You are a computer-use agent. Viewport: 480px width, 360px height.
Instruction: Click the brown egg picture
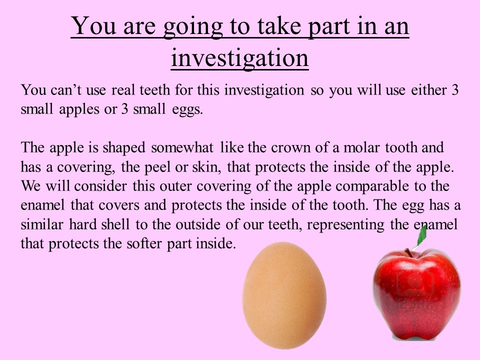[284, 295]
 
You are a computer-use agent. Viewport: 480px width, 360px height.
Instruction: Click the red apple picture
[416, 294]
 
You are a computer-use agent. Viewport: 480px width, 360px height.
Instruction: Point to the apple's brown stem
[409, 253]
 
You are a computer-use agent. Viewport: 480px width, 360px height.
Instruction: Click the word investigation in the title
[239, 58]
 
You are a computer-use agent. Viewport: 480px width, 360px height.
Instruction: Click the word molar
[361, 147]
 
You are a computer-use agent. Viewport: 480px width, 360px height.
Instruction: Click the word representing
[345, 225]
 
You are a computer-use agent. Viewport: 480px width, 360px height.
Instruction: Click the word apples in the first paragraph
[79, 110]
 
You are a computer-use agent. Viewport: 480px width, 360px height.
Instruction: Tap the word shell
[115, 224]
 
